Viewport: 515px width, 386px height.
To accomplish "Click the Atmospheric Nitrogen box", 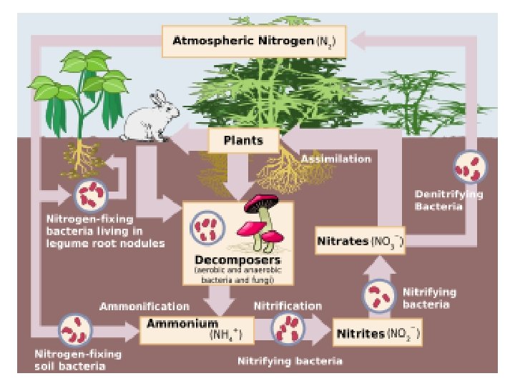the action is [254, 42].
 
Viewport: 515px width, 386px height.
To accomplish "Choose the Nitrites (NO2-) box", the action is [378, 334].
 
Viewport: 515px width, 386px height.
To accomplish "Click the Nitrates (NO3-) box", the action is [360, 241].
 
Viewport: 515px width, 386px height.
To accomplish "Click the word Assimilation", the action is [335, 159].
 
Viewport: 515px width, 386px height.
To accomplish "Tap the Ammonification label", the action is [144, 306].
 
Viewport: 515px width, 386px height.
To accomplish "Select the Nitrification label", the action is [288, 306].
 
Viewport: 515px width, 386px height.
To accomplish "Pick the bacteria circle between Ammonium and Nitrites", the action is [289, 329].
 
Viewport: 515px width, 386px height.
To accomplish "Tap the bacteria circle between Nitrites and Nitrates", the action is [380, 295].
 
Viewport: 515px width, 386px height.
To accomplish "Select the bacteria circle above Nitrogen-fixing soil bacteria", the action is [74, 330].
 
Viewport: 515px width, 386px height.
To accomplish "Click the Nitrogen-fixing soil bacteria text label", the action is [77, 360].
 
